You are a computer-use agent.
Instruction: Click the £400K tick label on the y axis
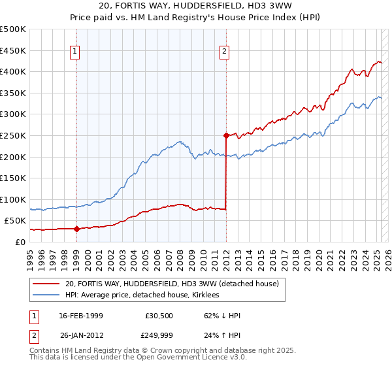[13, 71]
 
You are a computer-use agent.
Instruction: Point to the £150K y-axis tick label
[13, 178]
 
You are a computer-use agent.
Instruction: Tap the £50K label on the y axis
[16, 220]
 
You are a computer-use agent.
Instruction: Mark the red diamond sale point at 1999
[76, 229]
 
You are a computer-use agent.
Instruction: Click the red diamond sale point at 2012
[226, 136]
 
